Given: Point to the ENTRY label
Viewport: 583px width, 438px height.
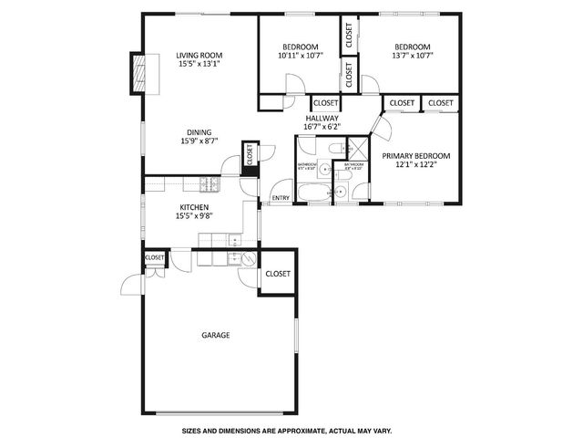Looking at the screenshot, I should point(281,198).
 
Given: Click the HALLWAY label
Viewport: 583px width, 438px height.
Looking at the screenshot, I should point(322,118).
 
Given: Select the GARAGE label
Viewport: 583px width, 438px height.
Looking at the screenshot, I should point(216,335).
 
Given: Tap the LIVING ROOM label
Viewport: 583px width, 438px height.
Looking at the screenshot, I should point(199,55).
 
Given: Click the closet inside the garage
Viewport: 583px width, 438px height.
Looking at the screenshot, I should point(277,274).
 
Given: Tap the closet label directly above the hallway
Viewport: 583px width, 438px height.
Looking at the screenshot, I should point(325,103).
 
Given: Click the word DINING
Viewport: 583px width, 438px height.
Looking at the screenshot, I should point(199,130).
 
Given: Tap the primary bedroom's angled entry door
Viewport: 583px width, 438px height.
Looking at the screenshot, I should point(377,125).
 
